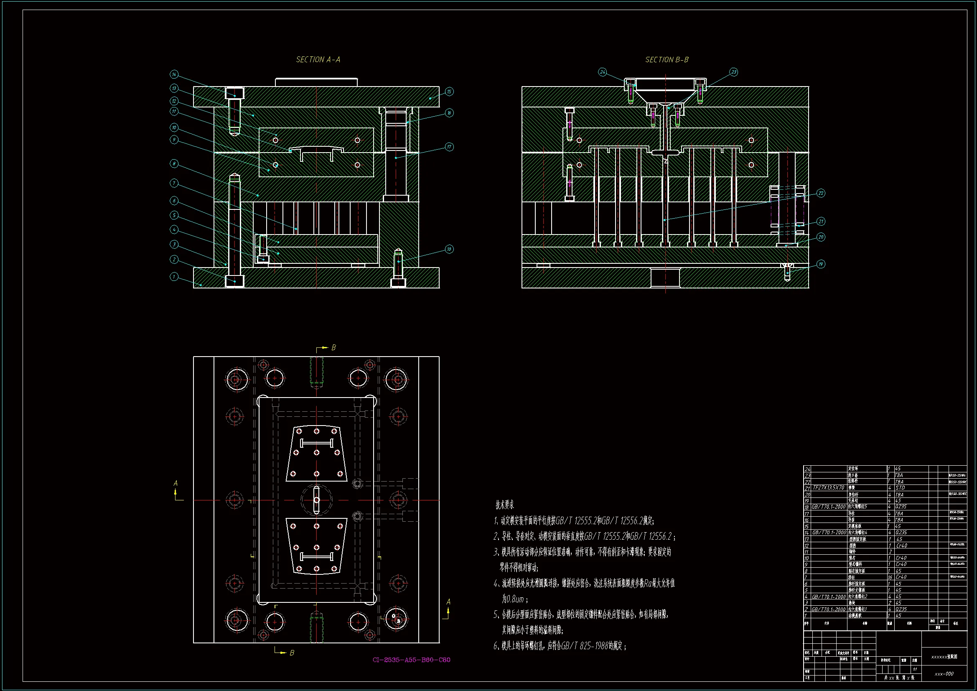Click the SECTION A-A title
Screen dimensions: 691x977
[318, 60]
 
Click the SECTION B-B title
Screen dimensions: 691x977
[667, 60]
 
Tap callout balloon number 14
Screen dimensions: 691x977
[174, 74]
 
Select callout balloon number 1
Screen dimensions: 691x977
[174, 277]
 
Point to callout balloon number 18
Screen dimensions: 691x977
[449, 249]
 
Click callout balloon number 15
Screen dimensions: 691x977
[449, 92]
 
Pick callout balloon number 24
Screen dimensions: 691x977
[603, 72]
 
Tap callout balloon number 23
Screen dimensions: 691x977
[734, 72]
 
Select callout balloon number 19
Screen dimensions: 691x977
[821, 264]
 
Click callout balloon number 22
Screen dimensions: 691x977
[821, 193]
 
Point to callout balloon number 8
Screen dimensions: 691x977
[174, 163]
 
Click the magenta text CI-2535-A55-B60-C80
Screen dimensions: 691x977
[412, 660]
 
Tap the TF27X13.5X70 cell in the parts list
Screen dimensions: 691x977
[829, 487]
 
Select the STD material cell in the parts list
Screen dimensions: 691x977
[900, 488]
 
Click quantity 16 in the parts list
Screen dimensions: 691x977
[890, 577]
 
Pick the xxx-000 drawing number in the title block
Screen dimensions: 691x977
[944, 674]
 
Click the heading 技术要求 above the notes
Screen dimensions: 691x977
[505, 505]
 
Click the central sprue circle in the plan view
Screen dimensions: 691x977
[316, 500]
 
